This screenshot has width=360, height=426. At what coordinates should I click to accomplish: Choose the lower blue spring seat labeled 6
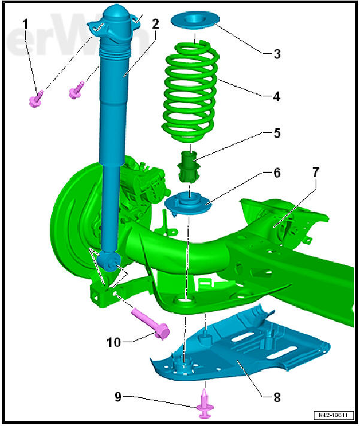pyautogui.click(x=189, y=207)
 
